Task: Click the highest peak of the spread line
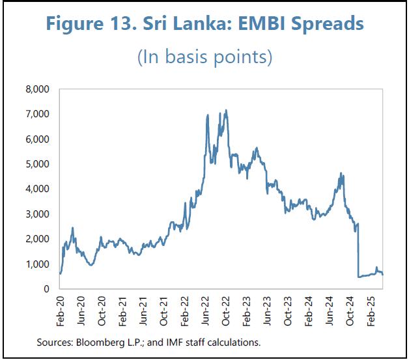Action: coord(225,110)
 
